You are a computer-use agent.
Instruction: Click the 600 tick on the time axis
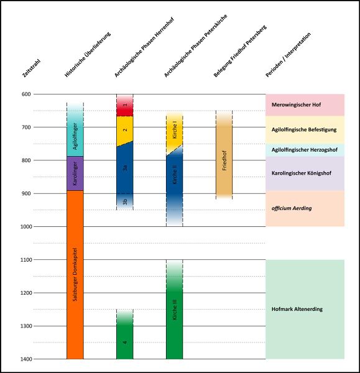click(x=26, y=94)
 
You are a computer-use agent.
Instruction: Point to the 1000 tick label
click(x=26, y=226)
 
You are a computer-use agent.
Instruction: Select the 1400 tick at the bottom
click(x=26, y=359)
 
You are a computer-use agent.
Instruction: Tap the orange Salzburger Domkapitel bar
click(x=75, y=274)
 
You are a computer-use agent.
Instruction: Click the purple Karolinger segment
click(x=75, y=173)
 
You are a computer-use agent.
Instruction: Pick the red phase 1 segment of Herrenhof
click(x=125, y=106)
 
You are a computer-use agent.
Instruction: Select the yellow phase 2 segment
click(x=125, y=130)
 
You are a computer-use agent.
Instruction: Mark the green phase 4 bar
click(x=125, y=342)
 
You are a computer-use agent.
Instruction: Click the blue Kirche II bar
click(x=174, y=180)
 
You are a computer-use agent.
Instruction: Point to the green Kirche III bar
click(x=174, y=311)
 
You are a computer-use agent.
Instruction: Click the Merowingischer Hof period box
click(x=305, y=104)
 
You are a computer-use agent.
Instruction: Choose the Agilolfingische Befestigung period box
click(x=305, y=130)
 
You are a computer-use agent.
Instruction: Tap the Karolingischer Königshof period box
click(x=305, y=173)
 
